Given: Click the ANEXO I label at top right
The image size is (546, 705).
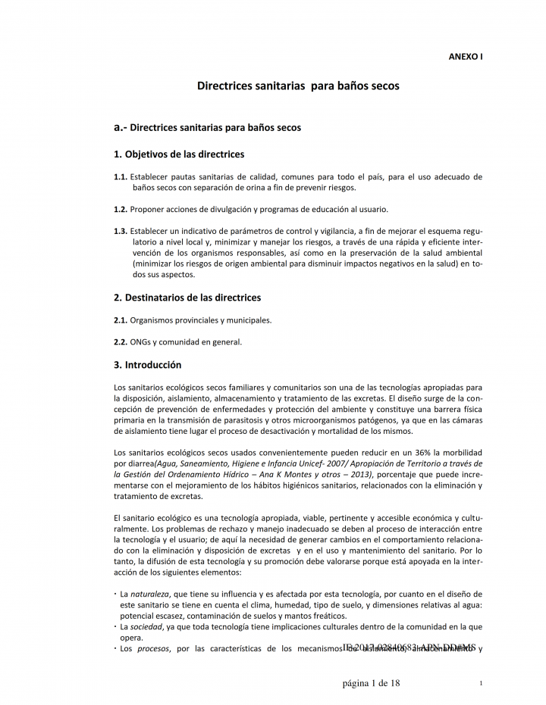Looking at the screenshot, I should coord(466,56).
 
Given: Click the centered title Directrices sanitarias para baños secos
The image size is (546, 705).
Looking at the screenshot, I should coord(298,86).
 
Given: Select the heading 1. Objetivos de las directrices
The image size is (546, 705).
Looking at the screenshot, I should coord(179,154).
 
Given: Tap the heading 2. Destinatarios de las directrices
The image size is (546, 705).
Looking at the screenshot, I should coord(187,298).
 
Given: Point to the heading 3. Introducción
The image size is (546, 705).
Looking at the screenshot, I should coord(147,365).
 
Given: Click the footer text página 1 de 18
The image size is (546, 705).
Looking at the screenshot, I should coord(371,683).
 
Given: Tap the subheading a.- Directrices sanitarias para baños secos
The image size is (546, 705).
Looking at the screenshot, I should coord(207,127).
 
